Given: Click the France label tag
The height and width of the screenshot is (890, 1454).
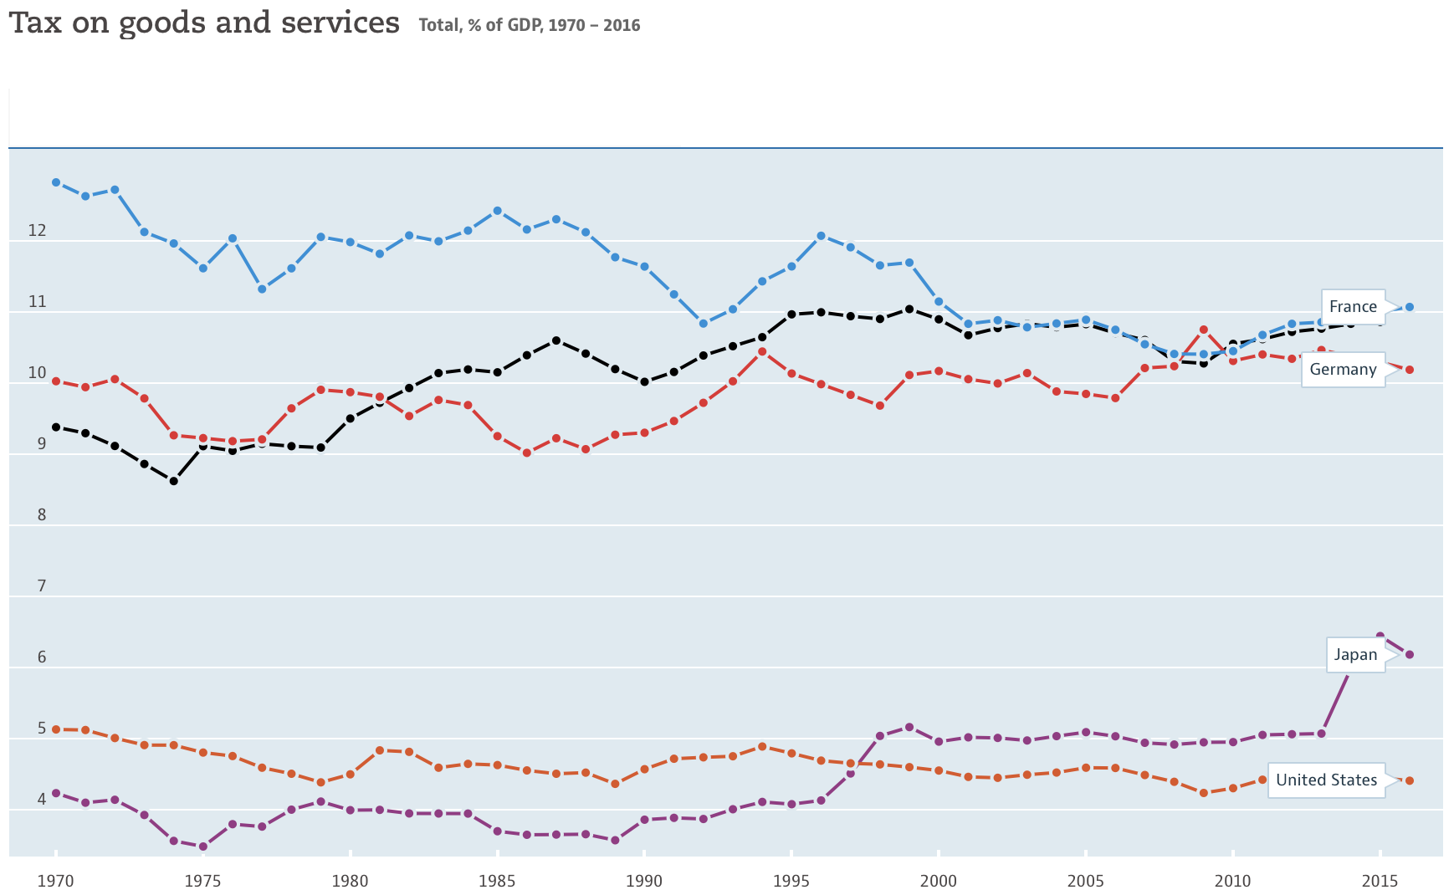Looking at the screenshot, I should click(1353, 307).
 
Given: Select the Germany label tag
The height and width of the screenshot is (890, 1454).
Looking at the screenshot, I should click(1343, 370).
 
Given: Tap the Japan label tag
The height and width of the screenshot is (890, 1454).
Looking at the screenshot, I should click(1355, 655).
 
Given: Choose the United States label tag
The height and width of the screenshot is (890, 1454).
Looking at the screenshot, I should click(1326, 780).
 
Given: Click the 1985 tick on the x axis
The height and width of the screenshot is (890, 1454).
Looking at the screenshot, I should click(497, 880).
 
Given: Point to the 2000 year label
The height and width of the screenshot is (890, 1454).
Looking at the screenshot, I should click(939, 880).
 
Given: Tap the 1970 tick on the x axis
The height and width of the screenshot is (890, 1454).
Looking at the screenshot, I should click(56, 880).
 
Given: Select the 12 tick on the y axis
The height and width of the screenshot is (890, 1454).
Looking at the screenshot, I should click(37, 230).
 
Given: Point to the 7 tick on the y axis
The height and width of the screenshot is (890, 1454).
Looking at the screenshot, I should click(41, 586).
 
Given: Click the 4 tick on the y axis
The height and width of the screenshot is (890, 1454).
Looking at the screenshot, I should click(41, 799).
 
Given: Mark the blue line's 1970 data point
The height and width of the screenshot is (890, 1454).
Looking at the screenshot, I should click(56, 182).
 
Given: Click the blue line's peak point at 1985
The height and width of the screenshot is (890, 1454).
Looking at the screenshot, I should click(497, 211).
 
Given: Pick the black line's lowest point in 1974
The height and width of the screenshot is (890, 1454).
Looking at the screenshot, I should click(173, 481).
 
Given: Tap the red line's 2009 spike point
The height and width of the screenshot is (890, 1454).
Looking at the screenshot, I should click(1203, 330).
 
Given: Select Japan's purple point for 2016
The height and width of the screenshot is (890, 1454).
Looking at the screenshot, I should click(1409, 654).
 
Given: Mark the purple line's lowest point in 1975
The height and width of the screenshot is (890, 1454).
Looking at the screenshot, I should click(202, 847).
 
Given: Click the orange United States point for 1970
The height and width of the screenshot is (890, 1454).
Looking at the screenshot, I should click(56, 729).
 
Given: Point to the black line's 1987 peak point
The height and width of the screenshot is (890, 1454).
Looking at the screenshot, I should click(555, 340).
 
